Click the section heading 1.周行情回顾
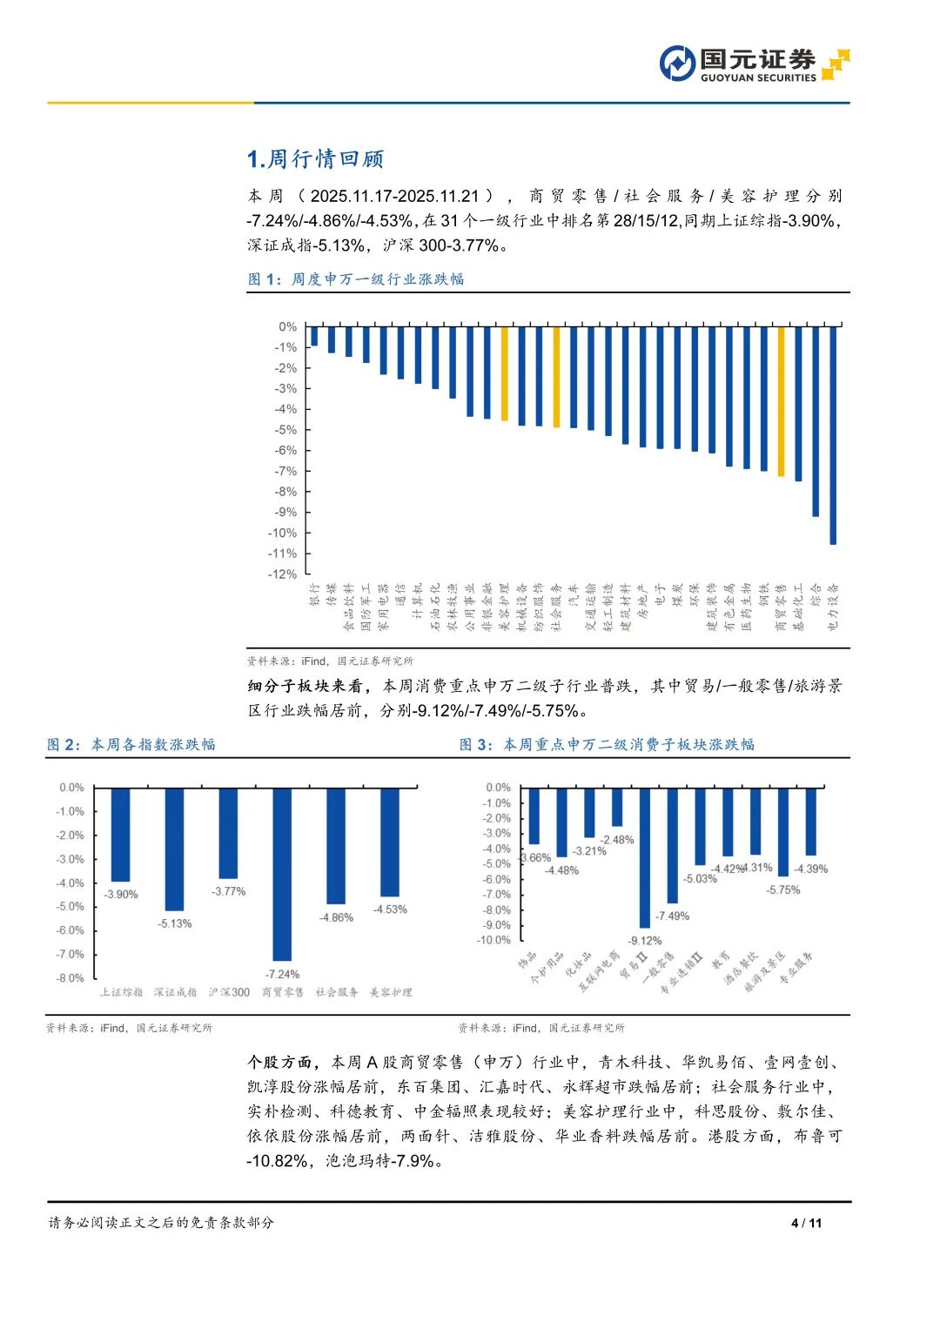tap(315, 159)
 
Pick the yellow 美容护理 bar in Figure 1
tap(504, 374)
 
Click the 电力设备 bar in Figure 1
tap(833, 435)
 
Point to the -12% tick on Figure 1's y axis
tap(283, 574)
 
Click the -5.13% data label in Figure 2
tap(175, 923)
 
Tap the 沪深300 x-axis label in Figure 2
tap(229, 992)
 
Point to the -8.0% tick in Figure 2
tap(70, 978)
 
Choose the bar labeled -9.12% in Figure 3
tap(644, 857)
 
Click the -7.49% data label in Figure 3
tap(672, 916)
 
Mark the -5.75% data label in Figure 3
tap(783, 890)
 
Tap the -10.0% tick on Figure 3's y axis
tap(494, 940)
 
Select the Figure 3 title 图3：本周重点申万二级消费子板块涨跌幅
tap(607, 745)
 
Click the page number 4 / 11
tap(806, 1223)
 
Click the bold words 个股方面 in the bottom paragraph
tap(279, 1063)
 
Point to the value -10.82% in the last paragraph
tap(278, 1162)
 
